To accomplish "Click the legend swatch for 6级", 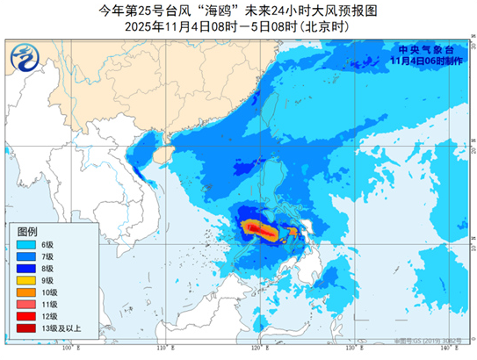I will [25, 243].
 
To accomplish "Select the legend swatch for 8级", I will [25, 268].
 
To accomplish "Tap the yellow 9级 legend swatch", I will [25, 280].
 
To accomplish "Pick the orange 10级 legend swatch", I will [25, 292].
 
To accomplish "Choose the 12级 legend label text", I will [49, 316].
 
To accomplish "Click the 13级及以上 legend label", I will [58, 328].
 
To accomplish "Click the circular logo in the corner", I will [25, 59].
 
